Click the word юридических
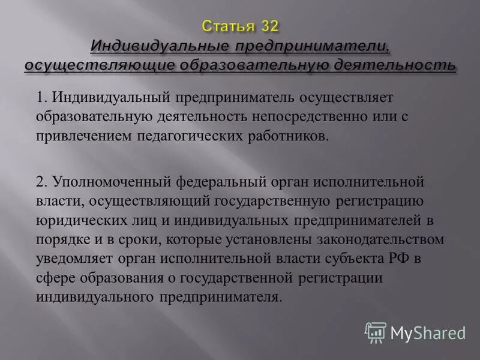click(x=74, y=221)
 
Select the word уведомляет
click(x=71, y=259)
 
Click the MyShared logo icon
click(x=376, y=332)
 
